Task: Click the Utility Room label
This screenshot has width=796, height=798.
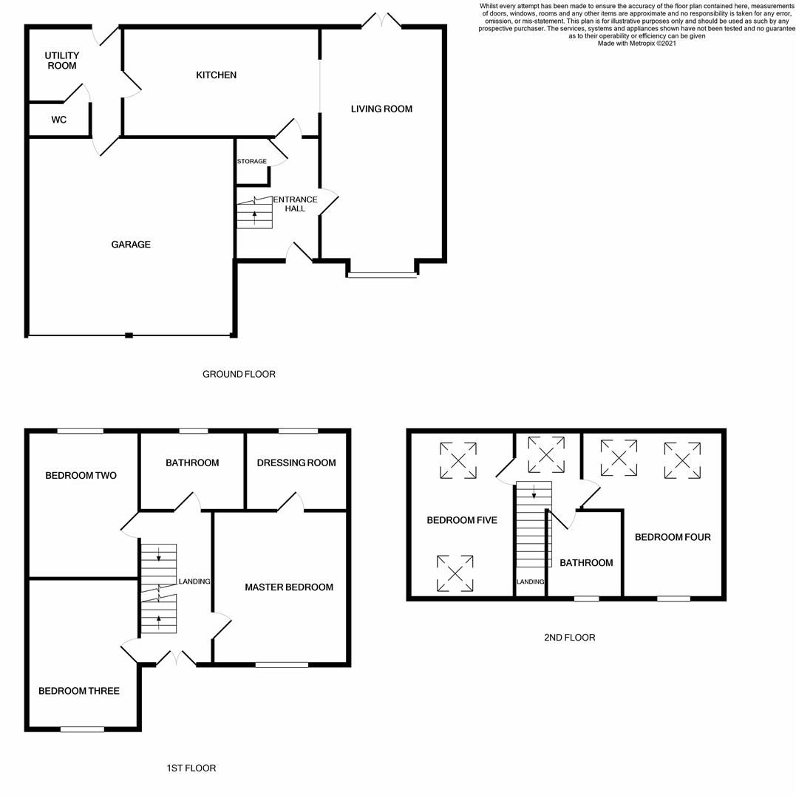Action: tap(62, 61)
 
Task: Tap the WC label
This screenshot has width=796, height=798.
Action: tap(59, 120)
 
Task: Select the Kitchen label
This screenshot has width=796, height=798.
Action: tap(216, 75)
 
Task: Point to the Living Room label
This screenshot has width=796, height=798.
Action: tap(381, 109)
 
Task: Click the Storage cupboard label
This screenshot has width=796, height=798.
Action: tap(251, 161)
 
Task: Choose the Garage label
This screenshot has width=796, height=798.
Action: tap(131, 245)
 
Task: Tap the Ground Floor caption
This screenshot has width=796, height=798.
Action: tap(239, 375)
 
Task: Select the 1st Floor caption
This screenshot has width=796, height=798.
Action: tap(191, 768)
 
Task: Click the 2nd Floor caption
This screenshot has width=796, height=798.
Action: tap(569, 638)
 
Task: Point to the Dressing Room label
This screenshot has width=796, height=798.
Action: tap(296, 463)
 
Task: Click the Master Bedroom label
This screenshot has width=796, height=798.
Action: tap(289, 587)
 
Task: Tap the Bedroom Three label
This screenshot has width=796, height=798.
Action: tap(79, 692)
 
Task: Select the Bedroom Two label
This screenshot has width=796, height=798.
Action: tap(81, 476)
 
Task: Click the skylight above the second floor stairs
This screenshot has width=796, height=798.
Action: tap(546, 454)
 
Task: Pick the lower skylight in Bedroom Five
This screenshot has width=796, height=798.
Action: tap(455, 573)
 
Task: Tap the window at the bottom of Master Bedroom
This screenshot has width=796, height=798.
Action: tap(282, 665)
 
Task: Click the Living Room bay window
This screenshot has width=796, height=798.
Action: tap(382, 276)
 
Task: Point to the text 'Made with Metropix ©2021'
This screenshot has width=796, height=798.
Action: tap(636, 44)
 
